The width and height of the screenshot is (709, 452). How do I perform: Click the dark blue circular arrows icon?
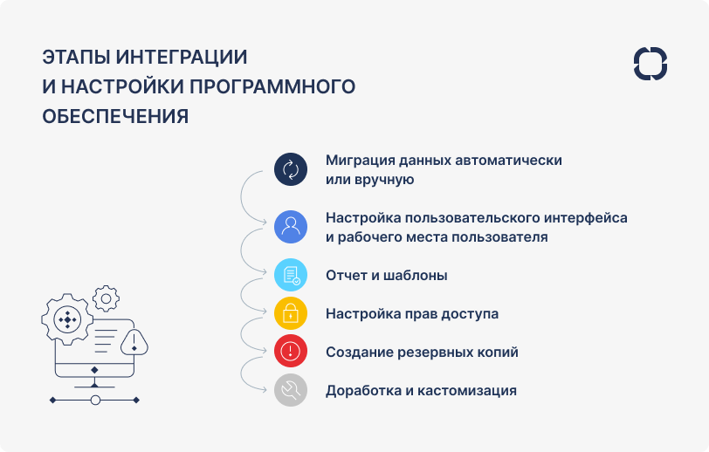291,169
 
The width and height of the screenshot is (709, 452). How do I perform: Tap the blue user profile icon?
291,227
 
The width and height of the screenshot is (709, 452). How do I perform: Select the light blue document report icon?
291,275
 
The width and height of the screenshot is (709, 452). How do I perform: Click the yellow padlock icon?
291,313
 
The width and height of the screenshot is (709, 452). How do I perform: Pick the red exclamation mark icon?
291,352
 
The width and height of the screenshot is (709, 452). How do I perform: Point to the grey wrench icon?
291,390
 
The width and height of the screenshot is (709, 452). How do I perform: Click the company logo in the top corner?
650,65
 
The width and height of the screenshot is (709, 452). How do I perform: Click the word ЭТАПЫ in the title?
77,58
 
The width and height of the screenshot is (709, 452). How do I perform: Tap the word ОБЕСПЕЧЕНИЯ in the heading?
115,116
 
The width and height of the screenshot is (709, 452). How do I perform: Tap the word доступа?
472,313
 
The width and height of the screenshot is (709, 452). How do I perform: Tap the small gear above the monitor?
106,298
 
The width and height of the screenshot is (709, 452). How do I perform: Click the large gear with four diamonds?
67,320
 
